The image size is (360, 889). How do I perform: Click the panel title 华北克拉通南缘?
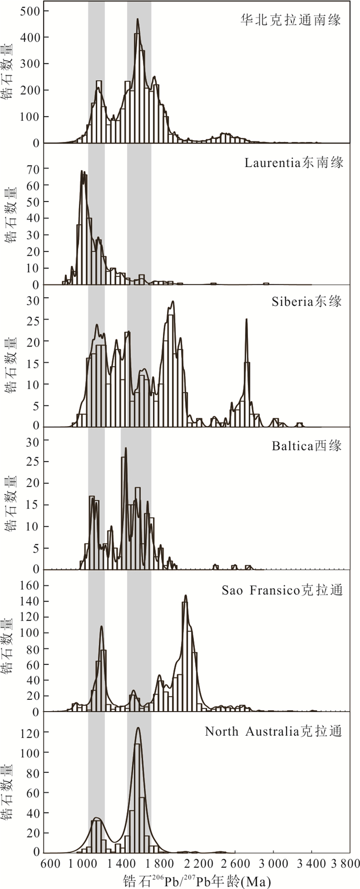(291, 21)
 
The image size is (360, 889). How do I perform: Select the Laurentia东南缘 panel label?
(294, 163)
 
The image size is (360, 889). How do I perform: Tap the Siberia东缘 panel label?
(307, 302)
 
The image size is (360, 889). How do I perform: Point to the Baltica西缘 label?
(307, 445)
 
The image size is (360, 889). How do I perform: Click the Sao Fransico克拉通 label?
(282, 590)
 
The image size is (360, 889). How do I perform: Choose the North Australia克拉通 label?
(273, 731)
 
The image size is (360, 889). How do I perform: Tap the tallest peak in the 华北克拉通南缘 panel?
(137, 20)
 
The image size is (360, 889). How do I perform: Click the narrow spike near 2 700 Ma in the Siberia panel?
(246, 320)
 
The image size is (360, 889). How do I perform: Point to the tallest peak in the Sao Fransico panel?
(185, 596)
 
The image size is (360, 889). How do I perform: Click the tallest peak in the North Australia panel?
(137, 728)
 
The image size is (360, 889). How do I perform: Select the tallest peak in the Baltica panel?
(125, 448)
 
